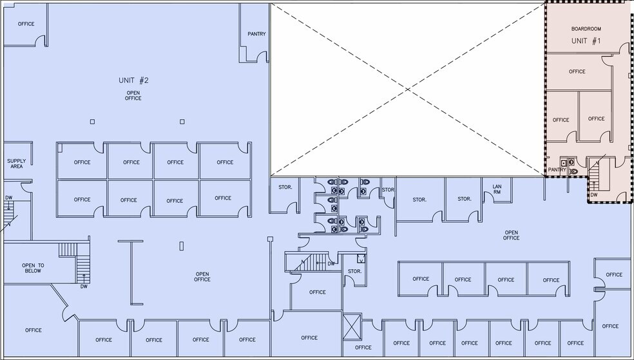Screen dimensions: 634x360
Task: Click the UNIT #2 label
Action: (133, 81)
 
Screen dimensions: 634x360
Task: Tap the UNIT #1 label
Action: (586, 41)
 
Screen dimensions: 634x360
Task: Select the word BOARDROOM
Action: (586, 29)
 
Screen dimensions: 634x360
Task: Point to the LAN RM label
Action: (497, 189)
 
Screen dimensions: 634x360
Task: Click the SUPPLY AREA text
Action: (17, 164)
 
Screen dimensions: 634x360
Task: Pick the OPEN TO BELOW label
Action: (33, 269)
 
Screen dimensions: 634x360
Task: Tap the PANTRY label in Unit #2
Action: (256, 34)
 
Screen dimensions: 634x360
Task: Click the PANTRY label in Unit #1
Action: (557, 170)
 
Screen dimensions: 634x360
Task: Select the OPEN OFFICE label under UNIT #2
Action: (133, 95)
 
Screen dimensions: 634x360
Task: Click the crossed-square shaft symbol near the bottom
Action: (352, 327)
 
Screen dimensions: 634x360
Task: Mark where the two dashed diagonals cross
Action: (408, 90)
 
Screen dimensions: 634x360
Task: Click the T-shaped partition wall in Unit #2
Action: (131, 272)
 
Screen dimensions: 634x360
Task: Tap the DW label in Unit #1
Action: (593, 194)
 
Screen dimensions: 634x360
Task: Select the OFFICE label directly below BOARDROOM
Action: (577, 71)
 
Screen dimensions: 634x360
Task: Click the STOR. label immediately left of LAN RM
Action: (464, 199)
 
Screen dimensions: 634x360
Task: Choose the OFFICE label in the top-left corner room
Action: (26, 24)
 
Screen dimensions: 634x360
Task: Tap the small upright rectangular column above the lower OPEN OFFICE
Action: (182, 245)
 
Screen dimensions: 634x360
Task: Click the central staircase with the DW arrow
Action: (311, 262)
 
